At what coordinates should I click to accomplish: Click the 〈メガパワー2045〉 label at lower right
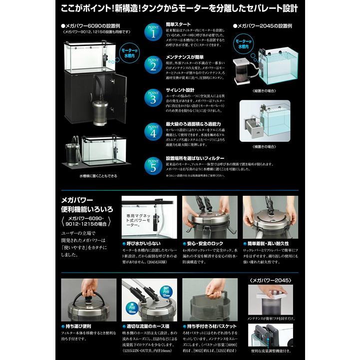click(x=271, y=281)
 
